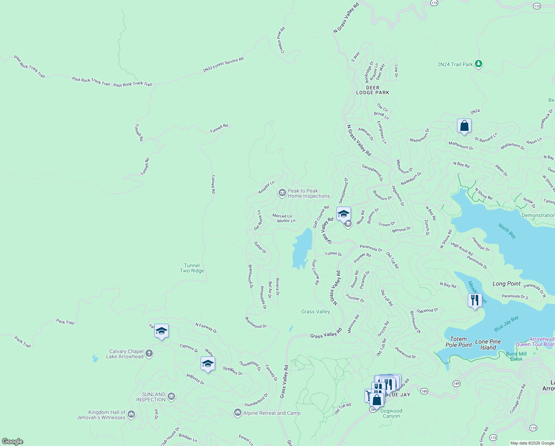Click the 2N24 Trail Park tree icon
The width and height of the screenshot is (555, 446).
pyautogui.click(x=479, y=64)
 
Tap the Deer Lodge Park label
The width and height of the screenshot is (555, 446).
pyautogui.click(x=372, y=90)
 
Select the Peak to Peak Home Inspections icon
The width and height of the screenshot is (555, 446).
pyautogui.click(x=282, y=193)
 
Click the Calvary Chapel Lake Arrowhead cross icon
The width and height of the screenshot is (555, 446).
pyautogui.click(x=149, y=353)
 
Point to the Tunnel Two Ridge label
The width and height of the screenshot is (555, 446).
pyautogui.click(x=192, y=268)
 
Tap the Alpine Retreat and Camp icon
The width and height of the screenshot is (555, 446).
pyautogui.click(x=238, y=413)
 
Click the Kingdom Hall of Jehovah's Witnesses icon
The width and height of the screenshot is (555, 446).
pyautogui.click(x=131, y=415)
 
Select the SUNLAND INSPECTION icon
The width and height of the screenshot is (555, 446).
pyautogui.click(x=171, y=397)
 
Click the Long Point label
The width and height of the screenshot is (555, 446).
pyautogui.click(x=506, y=284)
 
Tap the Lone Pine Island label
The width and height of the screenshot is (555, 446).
pyautogui.click(x=488, y=345)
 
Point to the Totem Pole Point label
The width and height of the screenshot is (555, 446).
pyautogui.click(x=459, y=342)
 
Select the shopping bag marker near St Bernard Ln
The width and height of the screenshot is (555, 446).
pyautogui.click(x=464, y=126)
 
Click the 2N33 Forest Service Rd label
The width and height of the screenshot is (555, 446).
pyautogui.click(x=223, y=65)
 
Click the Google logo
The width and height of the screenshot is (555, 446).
pyautogui.click(x=13, y=441)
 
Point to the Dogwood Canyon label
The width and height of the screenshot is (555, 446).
pyautogui.click(x=391, y=413)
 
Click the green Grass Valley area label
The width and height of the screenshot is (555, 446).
pyautogui.click(x=315, y=312)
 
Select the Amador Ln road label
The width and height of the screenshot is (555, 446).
pyautogui.click(x=266, y=187)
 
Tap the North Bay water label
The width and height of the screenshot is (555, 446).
pyautogui.click(x=507, y=231)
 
